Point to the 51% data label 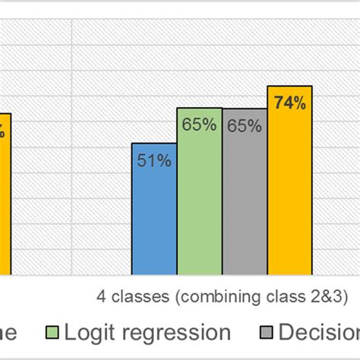(x=154, y=160)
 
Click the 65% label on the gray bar (x=245, y=126)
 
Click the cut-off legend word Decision (x=319, y=333)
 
